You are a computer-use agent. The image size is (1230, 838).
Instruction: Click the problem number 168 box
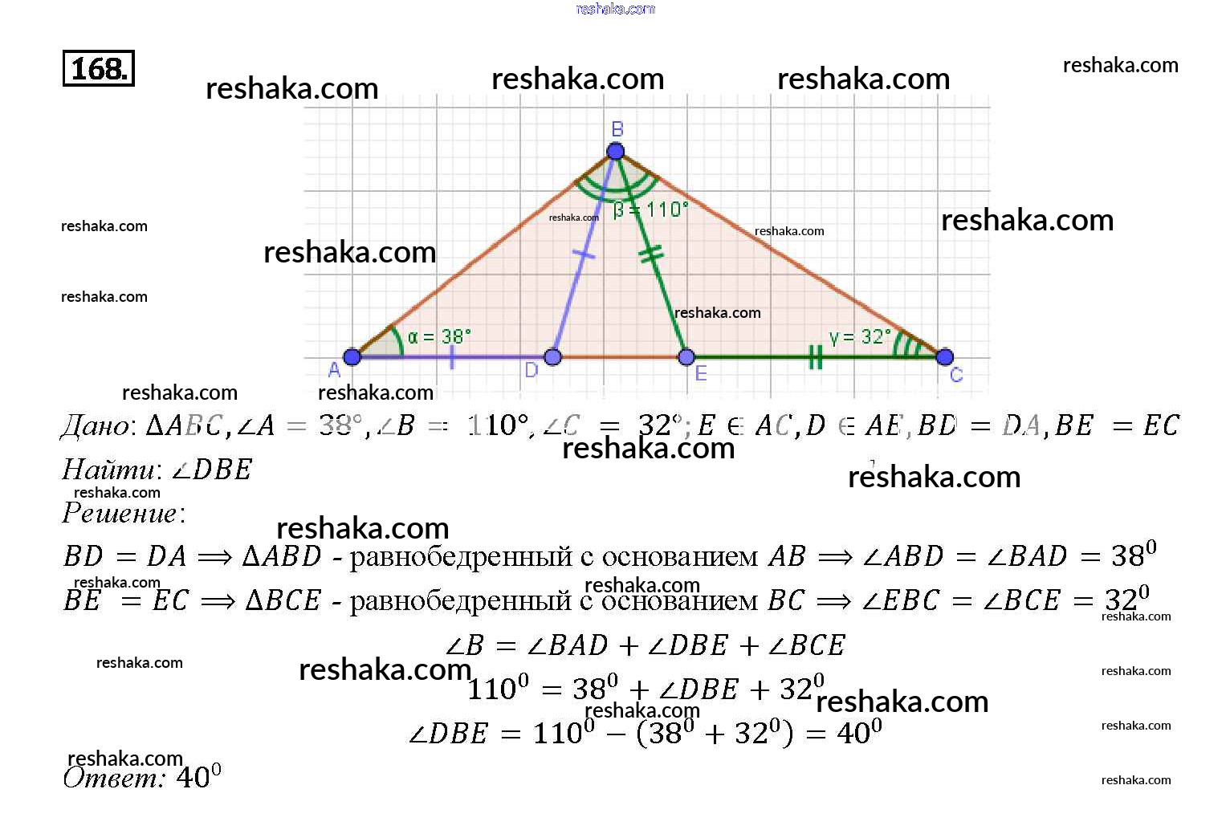(x=98, y=68)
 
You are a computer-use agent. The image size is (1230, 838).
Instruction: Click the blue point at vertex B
(x=616, y=151)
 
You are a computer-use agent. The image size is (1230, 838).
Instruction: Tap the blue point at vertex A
(x=352, y=356)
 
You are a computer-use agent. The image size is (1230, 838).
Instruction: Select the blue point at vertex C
(x=945, y=356)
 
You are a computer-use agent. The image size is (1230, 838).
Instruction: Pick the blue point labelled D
(x=552, y=356)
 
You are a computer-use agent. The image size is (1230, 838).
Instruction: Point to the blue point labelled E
(x=686, y=356)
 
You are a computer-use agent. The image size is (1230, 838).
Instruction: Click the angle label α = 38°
(x=439, y=336)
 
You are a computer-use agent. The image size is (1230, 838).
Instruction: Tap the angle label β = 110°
(x=650, y=210)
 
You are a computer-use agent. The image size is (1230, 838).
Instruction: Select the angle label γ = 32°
(x=860, y=336)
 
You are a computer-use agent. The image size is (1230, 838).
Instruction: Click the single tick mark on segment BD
(x=584, y=255)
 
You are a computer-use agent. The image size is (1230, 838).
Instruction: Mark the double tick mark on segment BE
(x=651, y=254)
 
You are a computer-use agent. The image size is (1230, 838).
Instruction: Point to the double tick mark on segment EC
(x=815, y=357)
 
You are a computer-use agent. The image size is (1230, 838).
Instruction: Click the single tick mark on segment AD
(x=452, y=357)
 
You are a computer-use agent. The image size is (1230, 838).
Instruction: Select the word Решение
(x=120, y=513)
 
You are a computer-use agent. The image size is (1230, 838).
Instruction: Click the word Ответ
(x=113, y=777)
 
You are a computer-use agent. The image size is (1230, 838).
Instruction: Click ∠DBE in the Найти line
(x=212, y=470)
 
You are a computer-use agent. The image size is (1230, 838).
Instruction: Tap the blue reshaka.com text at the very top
(x=616, y=9)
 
